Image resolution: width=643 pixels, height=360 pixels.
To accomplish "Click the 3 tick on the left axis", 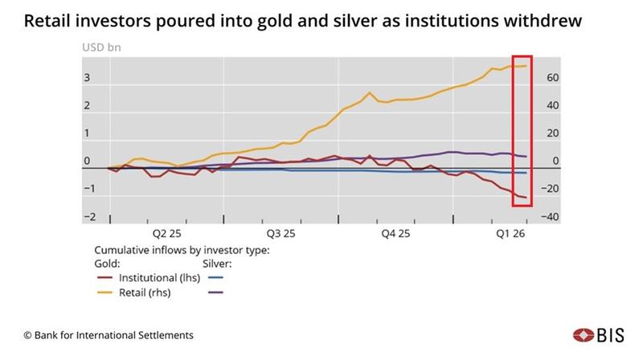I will [x=86, y=78].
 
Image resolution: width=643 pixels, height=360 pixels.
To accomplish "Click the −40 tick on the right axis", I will [x=552, y=217].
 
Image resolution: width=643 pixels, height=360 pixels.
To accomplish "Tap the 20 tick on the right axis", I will [x=554, y=133].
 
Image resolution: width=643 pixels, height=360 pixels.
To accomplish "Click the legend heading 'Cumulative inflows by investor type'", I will [x=182, y=249].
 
